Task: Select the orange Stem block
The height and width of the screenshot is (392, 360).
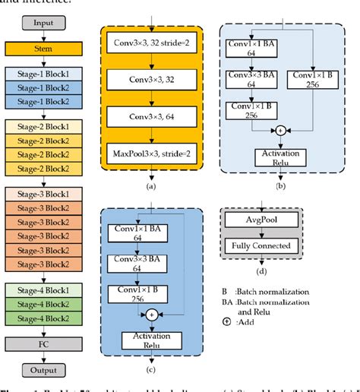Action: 43,50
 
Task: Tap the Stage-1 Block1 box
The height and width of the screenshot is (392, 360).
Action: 43,74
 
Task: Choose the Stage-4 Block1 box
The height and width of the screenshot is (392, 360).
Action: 43,289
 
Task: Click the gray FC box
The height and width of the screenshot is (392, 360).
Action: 43,345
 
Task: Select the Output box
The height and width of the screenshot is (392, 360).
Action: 43,371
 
